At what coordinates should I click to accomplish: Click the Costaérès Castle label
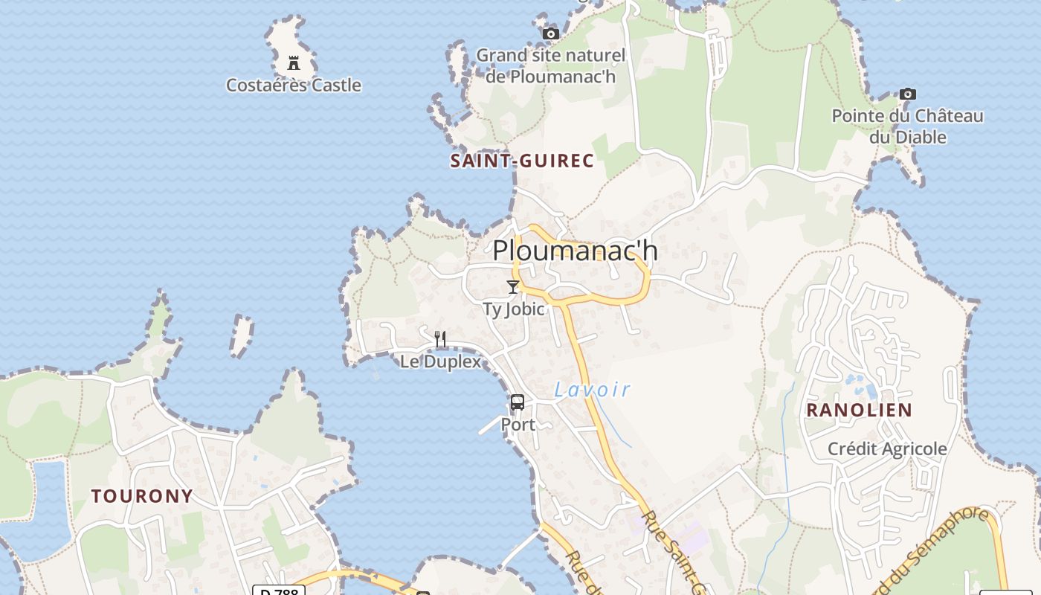(294, 86)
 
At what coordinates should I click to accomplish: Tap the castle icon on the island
(294, 62)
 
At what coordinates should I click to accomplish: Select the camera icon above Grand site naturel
(550, 33)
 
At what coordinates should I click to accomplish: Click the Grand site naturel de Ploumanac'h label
(550, 65)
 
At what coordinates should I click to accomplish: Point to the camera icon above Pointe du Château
(907, 94)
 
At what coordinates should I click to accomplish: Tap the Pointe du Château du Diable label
(907, 126)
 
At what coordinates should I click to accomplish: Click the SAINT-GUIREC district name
(522, 161)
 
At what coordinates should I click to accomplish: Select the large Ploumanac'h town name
(575, 251)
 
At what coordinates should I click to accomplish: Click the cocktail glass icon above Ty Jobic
(512, 286)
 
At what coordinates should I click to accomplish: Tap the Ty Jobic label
(513, 309)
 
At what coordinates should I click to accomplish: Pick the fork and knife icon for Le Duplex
(440, 339)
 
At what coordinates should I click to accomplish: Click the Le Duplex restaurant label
(440, 362)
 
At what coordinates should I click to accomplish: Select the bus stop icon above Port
(518, 402)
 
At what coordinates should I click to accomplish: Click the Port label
(518, 425)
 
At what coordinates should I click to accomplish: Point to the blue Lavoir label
(593, 389)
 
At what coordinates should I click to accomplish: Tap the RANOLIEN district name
(859, 410)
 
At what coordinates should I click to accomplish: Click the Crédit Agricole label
(887, 448)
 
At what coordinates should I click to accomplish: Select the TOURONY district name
(142, 496)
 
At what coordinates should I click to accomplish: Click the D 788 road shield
(279, 591)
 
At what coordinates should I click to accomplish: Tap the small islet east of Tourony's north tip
(241, 335)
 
